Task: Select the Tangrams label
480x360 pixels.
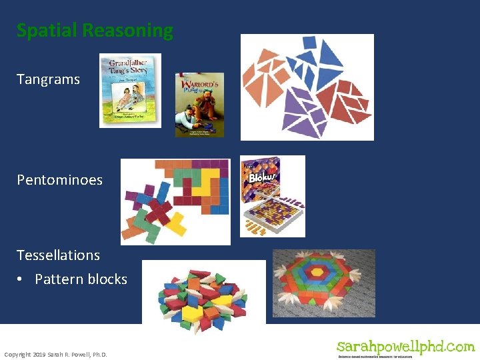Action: click(48, 79)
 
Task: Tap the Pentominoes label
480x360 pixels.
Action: click(59, 180)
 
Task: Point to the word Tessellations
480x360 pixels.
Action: click(58, 255)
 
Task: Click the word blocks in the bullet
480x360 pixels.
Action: click(109, 279)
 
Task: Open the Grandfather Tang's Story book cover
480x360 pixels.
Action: click(130, 91)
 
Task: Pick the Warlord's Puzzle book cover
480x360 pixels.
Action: click(199, 105)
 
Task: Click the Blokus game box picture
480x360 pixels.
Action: click(272, 196)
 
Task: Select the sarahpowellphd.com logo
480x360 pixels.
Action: click(405, 348)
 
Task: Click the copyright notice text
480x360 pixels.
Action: click(55, 354)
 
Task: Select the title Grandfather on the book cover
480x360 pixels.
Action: click(130, 65)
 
